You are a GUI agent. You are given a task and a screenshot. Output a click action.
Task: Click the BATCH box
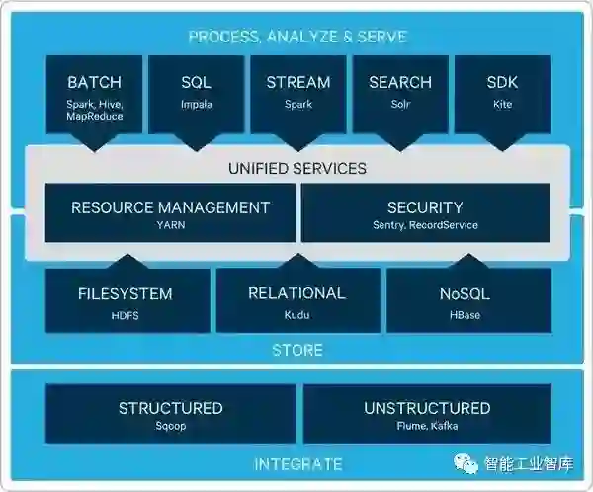pos(95,95)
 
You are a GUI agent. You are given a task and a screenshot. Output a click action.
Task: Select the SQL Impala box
pos(196,95)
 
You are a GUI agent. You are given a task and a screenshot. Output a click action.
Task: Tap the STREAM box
pos(297,95)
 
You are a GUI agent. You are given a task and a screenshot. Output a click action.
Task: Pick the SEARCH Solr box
pos(400,95)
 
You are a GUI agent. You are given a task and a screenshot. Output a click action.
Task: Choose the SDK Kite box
pos(502,95)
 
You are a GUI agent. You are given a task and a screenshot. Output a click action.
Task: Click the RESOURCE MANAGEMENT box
pos(170,213)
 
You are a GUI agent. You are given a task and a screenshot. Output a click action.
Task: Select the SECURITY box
pos(425,213)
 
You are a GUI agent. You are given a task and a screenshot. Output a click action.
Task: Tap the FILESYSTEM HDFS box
pos(126,300)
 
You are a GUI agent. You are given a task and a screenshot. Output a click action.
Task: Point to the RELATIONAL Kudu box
pos(296,300)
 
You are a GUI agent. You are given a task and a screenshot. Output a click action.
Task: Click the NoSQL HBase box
pos(465,300)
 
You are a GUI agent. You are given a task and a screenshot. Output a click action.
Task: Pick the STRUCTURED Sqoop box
pos(170,415)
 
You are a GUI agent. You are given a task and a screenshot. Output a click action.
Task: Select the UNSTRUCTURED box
pos(427,415)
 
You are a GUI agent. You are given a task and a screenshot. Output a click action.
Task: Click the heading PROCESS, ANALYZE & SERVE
pos(297,37)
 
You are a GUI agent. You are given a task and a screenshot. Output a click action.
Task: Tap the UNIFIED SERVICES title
pos(297,168)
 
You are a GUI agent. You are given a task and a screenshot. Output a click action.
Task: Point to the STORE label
pos(297,351)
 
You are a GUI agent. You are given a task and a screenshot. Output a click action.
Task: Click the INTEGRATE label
pos(297,464)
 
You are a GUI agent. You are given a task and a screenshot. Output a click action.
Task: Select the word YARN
pos(170,225)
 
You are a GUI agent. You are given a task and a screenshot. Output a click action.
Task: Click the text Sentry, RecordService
pos(425,225)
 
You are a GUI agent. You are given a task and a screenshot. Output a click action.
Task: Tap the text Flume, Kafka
pos(427,427)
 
